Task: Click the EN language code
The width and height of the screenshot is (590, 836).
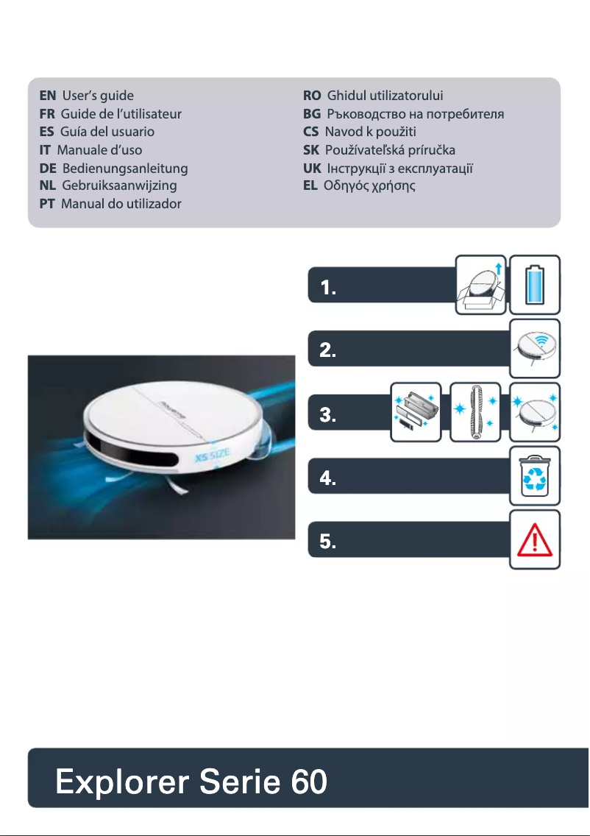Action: coord(48,96)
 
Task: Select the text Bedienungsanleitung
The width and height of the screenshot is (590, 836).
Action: coord(125,169)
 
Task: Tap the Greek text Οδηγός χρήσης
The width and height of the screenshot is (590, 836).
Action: coord(369,185)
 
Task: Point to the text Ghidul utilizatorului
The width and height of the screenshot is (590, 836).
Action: coord(385,96)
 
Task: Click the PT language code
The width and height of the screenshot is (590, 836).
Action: coord(49,203)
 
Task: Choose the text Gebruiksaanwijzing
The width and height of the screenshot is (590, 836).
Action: coord(119,185)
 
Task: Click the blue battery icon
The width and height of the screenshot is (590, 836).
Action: coord(536,285)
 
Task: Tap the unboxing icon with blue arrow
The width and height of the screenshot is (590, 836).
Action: coord(482,285)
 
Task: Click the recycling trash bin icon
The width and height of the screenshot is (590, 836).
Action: coord(536,475)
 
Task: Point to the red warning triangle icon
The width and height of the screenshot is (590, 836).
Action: coord(536,541)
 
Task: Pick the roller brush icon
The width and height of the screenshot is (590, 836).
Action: coord(475,412)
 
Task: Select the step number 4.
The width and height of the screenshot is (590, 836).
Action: coord(328,479)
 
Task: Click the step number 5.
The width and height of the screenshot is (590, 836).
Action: coord(328,543)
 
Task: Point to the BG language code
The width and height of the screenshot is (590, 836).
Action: coord(312,114)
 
